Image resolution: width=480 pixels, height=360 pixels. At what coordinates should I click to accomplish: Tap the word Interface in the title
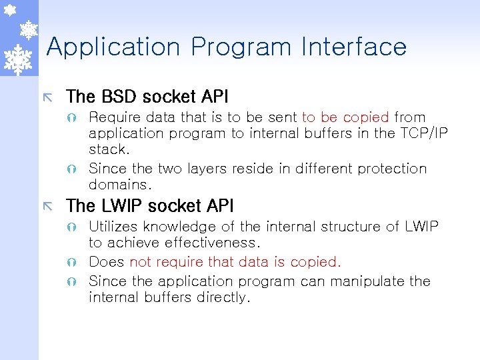(353, 47)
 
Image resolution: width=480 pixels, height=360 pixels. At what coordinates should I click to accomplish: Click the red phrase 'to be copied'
(345, 117)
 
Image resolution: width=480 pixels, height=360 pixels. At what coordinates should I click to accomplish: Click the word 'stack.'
(109, 149)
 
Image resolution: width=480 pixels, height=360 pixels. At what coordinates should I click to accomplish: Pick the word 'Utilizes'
(113, 227)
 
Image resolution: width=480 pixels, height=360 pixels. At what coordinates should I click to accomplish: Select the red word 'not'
(141, 262)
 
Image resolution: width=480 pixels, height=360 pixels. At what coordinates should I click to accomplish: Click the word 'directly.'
(224, 297)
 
